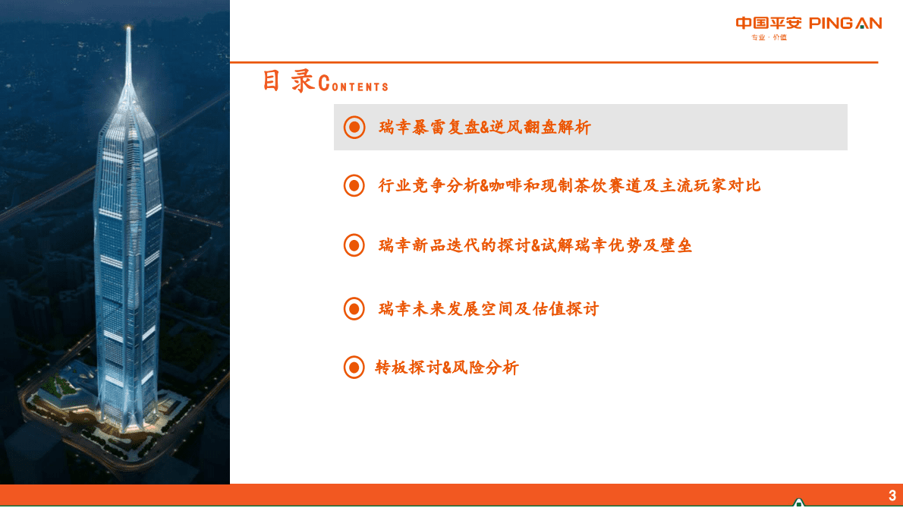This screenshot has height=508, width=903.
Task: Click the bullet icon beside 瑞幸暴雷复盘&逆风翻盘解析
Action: click(x=354, y=127)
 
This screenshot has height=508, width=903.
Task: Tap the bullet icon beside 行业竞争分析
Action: click(x=354, y=185)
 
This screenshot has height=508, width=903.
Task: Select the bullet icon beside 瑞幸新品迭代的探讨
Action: click(x=354, y=245)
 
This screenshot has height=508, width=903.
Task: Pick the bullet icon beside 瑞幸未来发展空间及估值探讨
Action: click(x=354, y=308)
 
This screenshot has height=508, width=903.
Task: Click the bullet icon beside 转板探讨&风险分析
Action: click(x=354, y=368)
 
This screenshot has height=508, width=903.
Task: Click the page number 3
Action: click(x=892, y=496)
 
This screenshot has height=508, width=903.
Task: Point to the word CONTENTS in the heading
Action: click(x=354, y=85)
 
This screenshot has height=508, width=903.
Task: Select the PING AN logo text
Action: click(x=845, y=23)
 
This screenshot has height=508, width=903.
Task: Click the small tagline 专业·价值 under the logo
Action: click(x=769, y=37)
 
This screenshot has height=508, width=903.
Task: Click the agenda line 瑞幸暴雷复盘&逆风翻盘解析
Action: click(x=484, y=128)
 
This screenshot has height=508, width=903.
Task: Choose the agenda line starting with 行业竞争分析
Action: click(x=569, y=185)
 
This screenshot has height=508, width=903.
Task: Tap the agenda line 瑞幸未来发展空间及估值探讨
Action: click(x=488, y=309)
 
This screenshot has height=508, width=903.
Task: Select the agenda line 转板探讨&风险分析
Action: click(x=447, y=368)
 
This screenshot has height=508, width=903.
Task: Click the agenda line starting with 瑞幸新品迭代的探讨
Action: click(x=535, y=246)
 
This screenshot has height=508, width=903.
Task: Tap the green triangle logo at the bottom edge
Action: click(x=798, y=503)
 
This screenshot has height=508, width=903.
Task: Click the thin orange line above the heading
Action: click(x=554, y=62)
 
